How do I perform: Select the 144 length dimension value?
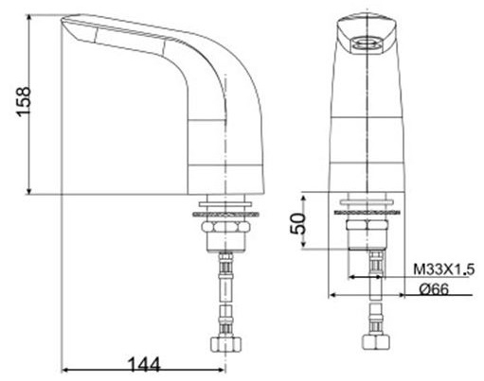tap(144, 363)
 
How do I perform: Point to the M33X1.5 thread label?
tap(443, 269)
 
